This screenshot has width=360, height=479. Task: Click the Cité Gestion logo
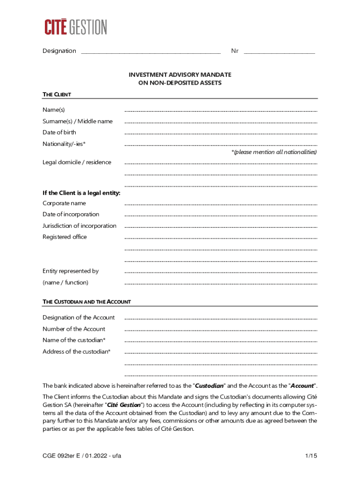pos(76,27)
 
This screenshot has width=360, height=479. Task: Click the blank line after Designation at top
pos(151,52)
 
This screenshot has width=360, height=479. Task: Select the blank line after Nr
pos(279,52)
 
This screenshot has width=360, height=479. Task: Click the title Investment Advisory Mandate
pos(180,75)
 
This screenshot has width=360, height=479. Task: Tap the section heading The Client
pos(57,94)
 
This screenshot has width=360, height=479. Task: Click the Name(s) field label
pos(54,109)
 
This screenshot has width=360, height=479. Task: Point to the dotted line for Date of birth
pos(221,134)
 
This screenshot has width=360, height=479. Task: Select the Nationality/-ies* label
pos(64,144)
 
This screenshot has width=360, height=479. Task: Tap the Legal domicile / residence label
pos(77,162)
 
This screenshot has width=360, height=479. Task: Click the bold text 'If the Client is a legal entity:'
pos(81,193)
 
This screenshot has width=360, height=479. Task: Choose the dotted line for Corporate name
pos(221,205)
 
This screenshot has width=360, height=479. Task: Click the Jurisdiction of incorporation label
pos(79,225)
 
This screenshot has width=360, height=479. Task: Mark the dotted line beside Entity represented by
pos(221,273)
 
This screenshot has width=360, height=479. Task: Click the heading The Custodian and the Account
pos(86,302)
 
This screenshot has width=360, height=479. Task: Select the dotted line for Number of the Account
pos(221,330)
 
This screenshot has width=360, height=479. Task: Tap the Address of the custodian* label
pos(77,351)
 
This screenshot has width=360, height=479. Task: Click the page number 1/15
pos(310,456)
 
